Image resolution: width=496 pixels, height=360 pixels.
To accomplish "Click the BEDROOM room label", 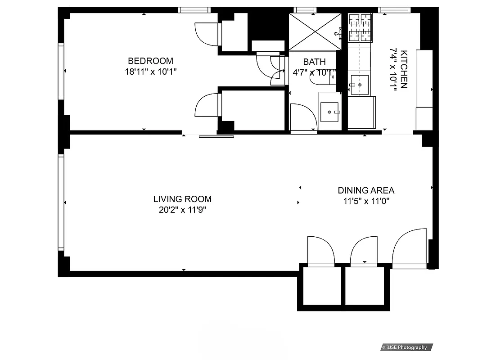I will point(150,61).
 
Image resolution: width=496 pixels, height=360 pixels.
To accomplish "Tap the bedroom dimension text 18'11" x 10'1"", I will point(150,71).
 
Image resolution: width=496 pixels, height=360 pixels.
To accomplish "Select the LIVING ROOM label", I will point(182,199).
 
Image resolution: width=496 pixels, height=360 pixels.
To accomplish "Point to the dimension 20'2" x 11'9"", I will point(182,210).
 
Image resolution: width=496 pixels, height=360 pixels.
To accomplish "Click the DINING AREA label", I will point(366,190).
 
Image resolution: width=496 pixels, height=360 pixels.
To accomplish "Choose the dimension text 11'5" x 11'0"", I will point(366,201).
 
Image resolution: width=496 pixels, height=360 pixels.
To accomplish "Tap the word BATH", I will point(314,62).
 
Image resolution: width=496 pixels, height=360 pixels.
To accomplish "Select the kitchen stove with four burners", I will point(361,27).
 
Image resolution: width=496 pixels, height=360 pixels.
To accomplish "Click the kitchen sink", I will point(360,85).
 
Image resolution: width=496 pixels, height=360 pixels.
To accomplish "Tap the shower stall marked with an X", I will point(315,31).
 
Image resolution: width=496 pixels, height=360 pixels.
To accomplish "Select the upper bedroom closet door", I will point(206,33).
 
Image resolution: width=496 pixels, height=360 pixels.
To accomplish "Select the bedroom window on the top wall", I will point(194,9).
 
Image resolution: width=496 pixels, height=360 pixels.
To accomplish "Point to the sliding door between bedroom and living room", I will point(216,136).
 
